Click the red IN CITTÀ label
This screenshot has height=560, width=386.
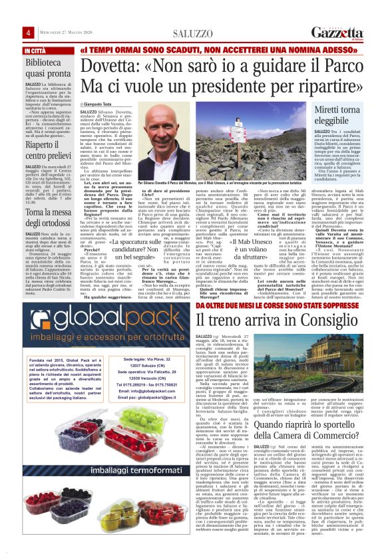(36, 51)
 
